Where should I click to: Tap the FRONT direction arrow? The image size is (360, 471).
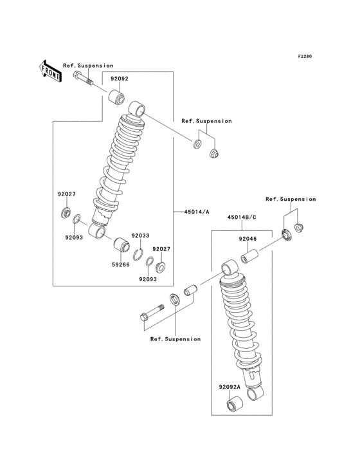click(51, 70)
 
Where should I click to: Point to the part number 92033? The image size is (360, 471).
click(140, 236)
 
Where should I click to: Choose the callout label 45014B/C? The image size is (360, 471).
click(241, 217)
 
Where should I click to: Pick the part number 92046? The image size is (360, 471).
click(248, 239)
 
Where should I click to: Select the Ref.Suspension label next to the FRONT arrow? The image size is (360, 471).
click(88, 66)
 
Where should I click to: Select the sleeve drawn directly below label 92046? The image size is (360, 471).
click(248, 259)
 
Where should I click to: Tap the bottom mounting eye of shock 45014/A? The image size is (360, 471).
click(98, 230)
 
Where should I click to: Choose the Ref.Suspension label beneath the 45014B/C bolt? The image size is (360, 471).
click(175, 338)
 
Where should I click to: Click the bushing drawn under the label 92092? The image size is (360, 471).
click(116, 99)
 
